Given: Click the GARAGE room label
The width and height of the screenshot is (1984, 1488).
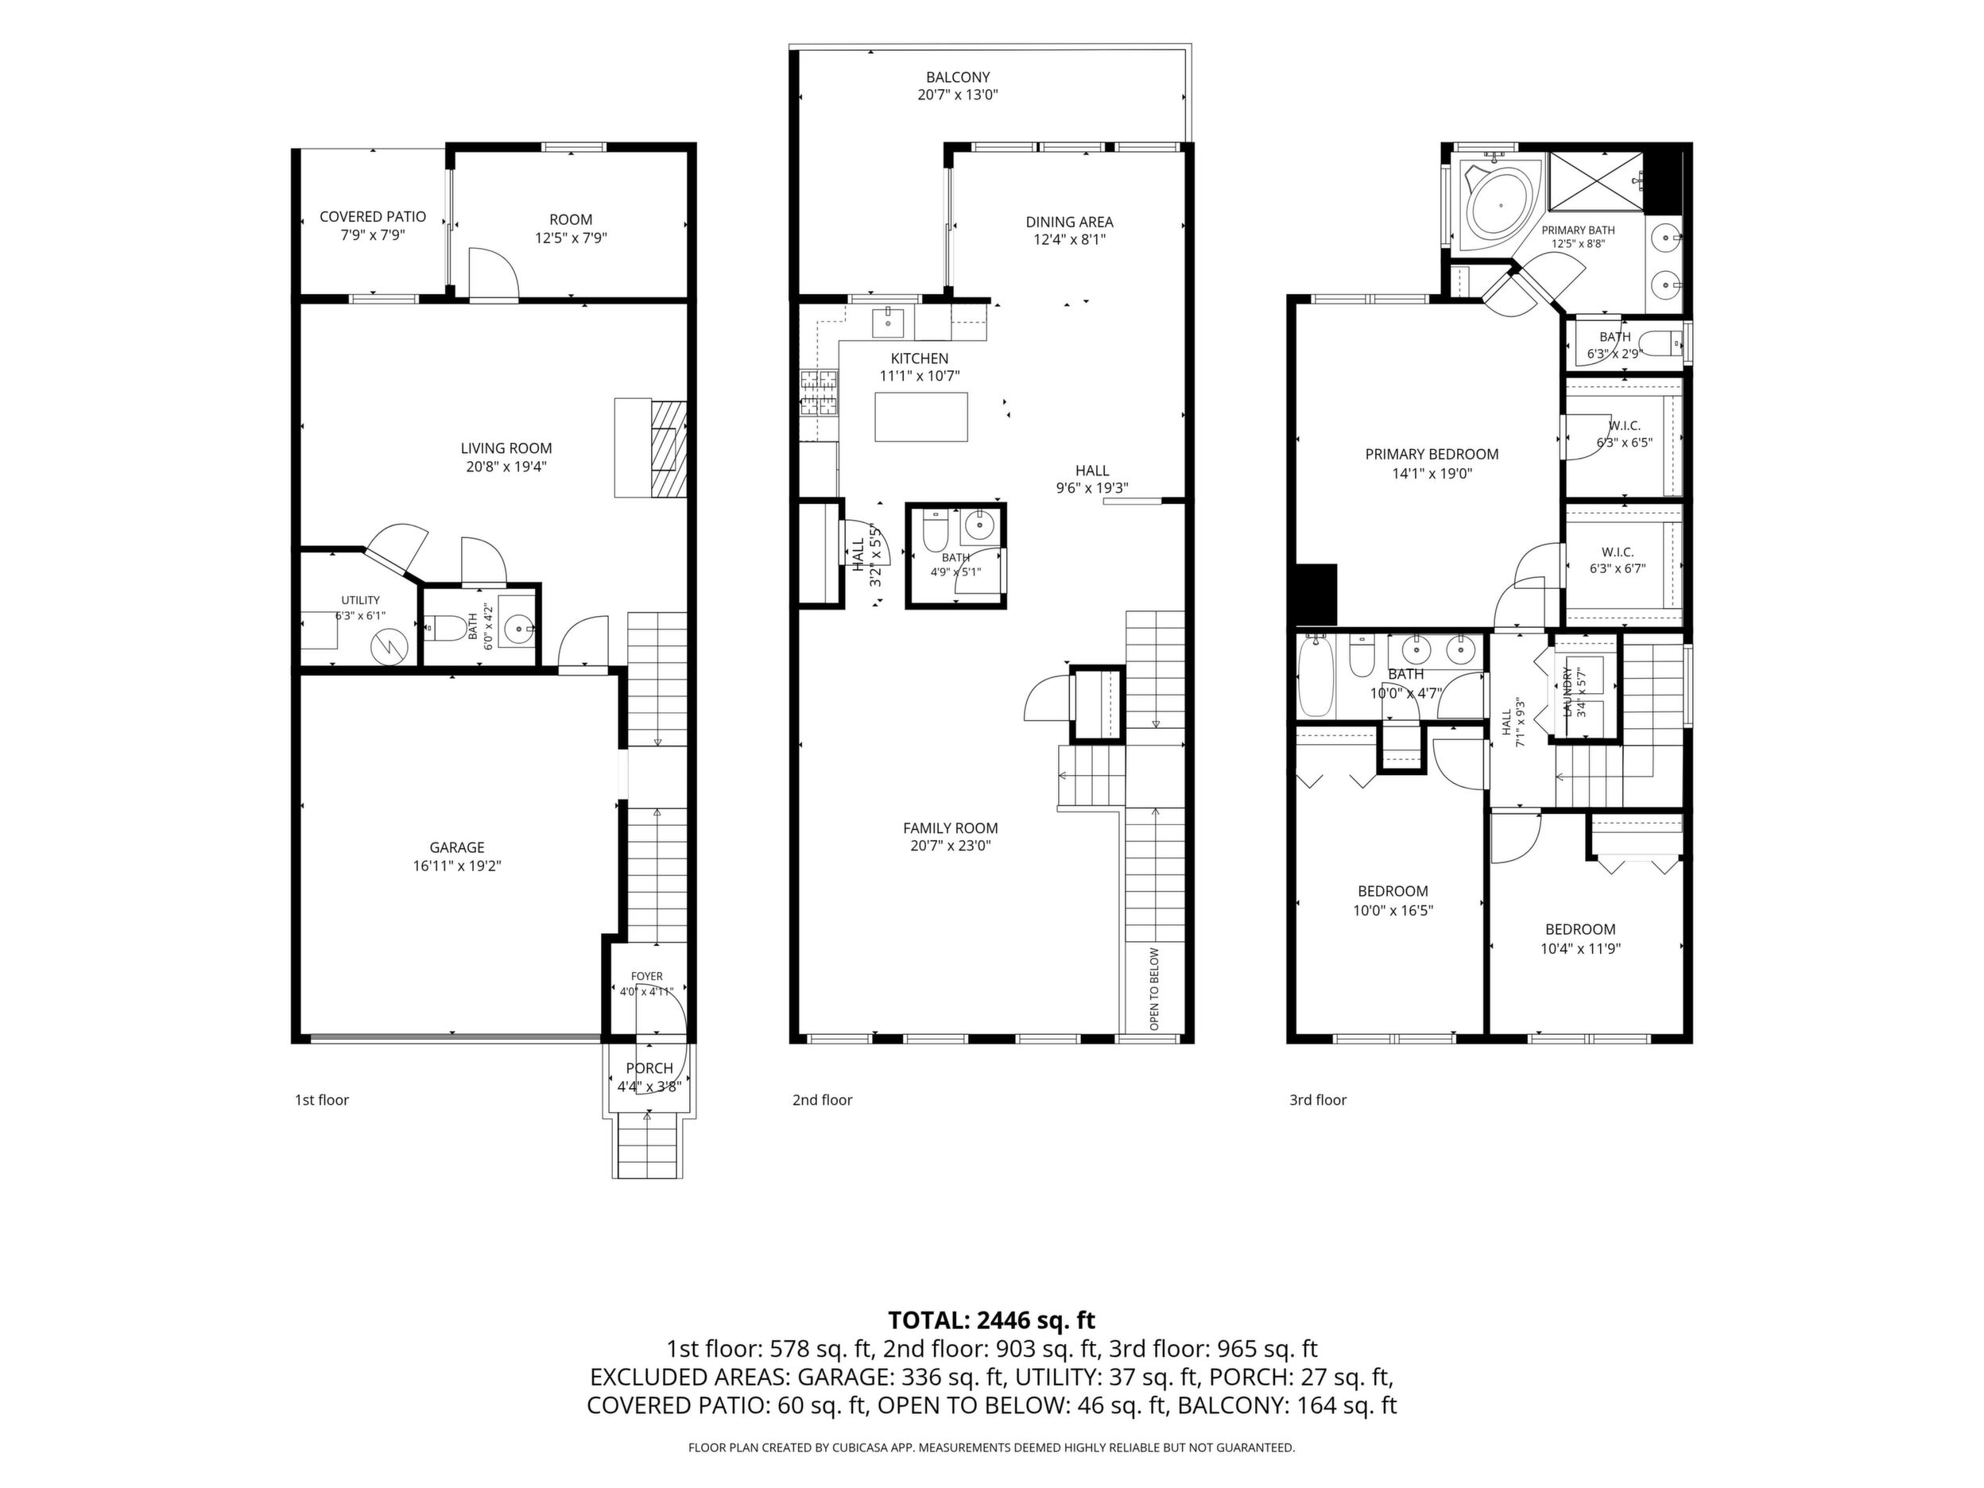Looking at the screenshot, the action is tap(456, 847).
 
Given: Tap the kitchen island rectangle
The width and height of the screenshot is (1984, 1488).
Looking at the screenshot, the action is tap(921, 417).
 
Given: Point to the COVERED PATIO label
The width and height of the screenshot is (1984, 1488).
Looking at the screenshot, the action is tap(372, 217).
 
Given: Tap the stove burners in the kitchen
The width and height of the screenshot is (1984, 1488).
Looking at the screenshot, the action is tap(818, 393).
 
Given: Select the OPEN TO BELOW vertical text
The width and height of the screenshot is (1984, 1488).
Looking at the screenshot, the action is tap(1154, 988).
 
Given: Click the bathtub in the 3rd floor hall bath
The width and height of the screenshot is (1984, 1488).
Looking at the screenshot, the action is tap(1316, 676).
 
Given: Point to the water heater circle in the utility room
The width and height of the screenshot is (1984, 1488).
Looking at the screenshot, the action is tap(390, 644).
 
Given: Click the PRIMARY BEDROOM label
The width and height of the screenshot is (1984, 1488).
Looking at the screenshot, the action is tap(1432, 455).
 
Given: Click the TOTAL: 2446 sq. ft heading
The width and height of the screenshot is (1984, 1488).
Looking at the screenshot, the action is tap(991, 1320).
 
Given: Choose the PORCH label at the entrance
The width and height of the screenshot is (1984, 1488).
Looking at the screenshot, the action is tap(649, 1068).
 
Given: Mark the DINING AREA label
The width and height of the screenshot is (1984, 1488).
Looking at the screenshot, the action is tap(1069, 222).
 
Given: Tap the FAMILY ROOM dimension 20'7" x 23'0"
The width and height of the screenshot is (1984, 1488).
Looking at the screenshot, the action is tap(951, 846).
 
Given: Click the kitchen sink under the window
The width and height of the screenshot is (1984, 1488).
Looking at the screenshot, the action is tap(888, 320).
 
